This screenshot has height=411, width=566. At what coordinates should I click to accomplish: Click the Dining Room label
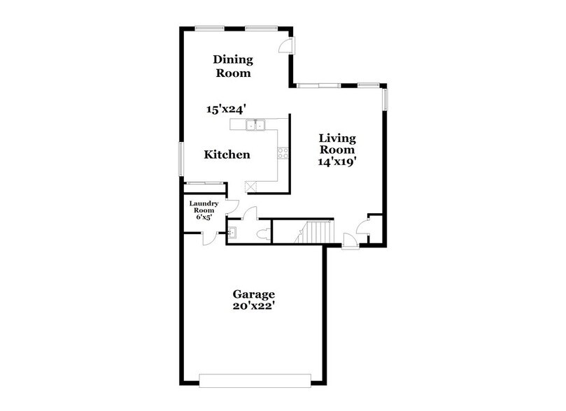click(232, 66)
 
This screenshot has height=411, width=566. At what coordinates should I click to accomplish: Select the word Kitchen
click(227, 154)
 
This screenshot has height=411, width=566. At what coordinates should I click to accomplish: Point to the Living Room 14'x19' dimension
click(337, 161)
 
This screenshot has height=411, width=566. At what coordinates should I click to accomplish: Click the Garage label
click(254, 294)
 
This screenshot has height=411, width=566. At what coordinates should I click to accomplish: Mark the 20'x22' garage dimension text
click(254, 307)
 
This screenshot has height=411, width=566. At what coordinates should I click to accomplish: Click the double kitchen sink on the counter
click(255, 125)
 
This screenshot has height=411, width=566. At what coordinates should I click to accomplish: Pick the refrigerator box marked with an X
click(249, 187)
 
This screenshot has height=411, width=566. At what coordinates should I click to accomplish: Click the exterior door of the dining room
click(287, 44)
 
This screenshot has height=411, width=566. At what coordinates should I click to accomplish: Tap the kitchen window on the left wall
click(181, 159)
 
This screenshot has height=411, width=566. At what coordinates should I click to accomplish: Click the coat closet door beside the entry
click(363, 226)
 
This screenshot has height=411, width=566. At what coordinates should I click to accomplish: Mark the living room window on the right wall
click(384, 98)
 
